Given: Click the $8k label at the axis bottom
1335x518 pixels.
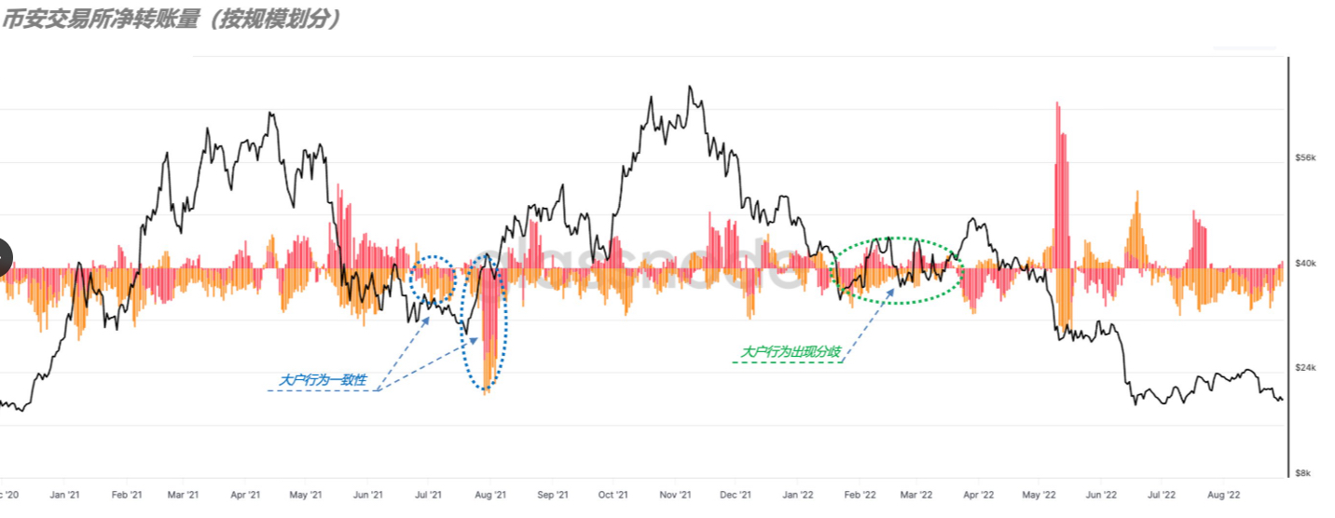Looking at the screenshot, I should (x=1305, y=473).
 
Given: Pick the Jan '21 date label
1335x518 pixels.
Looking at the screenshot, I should (x=65, y=495).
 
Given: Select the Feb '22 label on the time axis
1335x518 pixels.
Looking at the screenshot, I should (x=859, y=495).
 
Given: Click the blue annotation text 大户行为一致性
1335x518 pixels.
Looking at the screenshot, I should (x=323, y=381).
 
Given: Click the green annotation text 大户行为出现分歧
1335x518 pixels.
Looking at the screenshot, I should (x=791, y=352).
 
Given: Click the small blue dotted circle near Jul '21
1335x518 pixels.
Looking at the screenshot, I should (x=433, y=278).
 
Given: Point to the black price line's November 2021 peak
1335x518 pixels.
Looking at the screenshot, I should (x=690, y=88).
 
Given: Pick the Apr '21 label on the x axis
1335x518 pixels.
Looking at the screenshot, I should (x=244, y=495).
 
